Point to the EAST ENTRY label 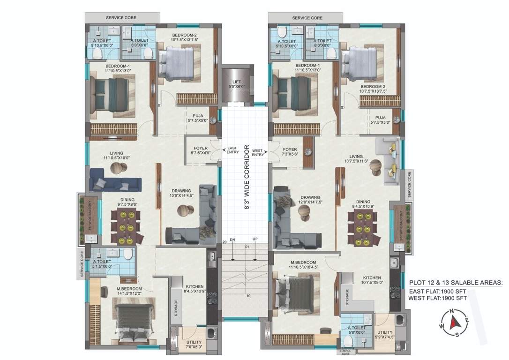pyautogui.click(x=232, y=150)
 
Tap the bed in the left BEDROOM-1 pyautogui.click(x=111, y=94)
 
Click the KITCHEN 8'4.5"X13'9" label pyautogui.click(x=194, y=289)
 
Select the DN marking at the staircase pyautogui.click(x=232, y=240)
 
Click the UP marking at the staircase pyautogui.click(x=255, y=240)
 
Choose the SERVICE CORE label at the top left pyautogui.click(x=121, y=17)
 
